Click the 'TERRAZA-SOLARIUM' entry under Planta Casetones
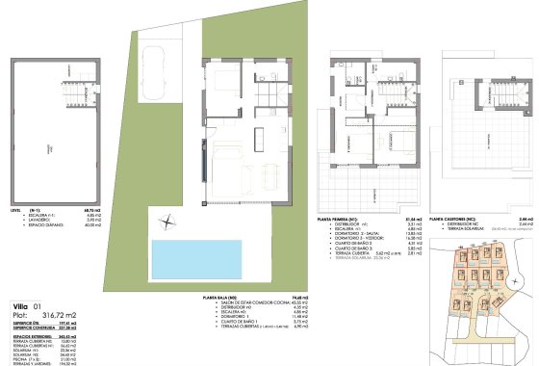coord(461,231)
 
